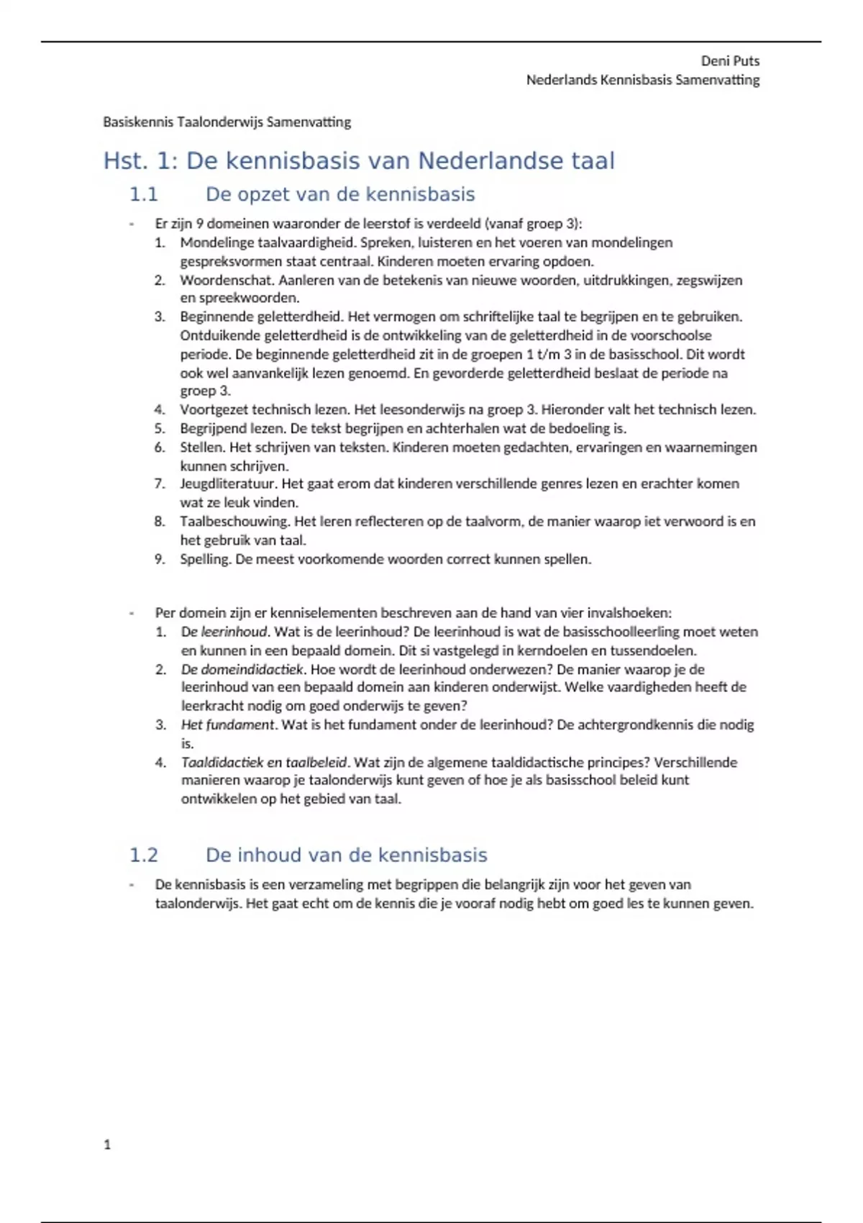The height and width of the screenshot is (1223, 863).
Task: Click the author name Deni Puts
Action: pyautogui.click(x=730, y=61)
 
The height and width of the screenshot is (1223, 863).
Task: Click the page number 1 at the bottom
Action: pyautogui.click(x=107, y=1145)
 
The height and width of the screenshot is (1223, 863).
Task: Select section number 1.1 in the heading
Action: pyautogui.click(x=143, y=194)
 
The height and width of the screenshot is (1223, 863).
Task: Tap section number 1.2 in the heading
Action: pyautogui.click(x=143, y=855)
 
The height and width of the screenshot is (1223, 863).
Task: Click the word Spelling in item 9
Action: pyautogui.click(x=205, y=560)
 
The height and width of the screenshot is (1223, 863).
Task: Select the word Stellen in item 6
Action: pyautogui.click(x=201, y=447)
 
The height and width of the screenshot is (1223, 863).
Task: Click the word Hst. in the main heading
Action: pyautogui.click(x=125, y=160)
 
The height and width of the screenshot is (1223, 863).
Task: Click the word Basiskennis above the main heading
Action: pyautogui.click(x=138, y=122)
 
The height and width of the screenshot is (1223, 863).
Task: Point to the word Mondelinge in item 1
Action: pyautogui.click(x=213, y=243)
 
